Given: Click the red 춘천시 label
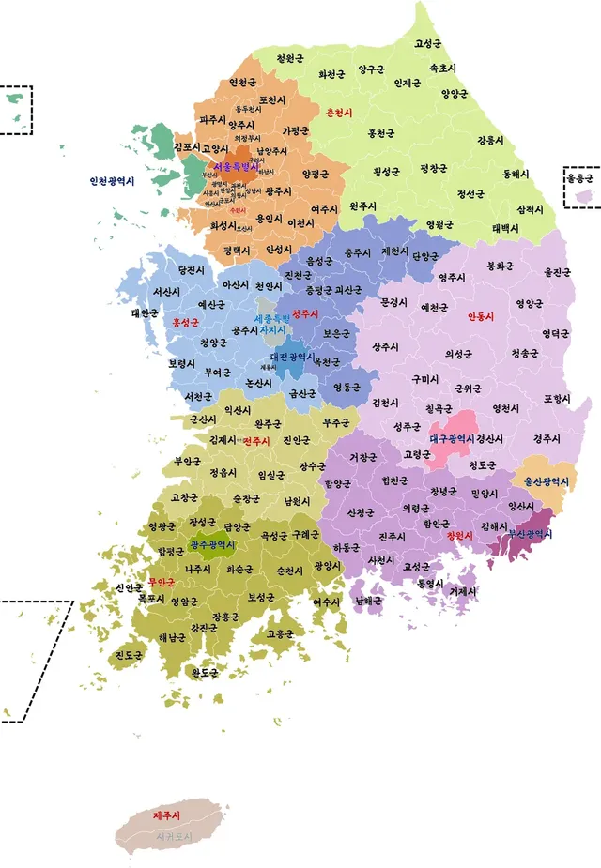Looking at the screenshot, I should pos(338,113).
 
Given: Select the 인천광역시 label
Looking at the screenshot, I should pos(112,181).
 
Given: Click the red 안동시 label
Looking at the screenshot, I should pos(482,316).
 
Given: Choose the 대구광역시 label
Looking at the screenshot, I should pos(452,438).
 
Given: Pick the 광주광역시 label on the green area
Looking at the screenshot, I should pos(212,544).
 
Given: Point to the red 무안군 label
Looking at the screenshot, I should pos(161,582).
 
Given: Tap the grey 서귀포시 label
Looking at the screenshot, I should pos(174,835).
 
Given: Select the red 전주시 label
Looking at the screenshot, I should pos(256,441).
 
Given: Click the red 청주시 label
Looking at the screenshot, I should pos(306,313).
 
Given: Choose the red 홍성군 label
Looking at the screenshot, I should pos(187,322).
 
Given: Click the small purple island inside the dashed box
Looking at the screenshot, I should pos(583,196).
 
